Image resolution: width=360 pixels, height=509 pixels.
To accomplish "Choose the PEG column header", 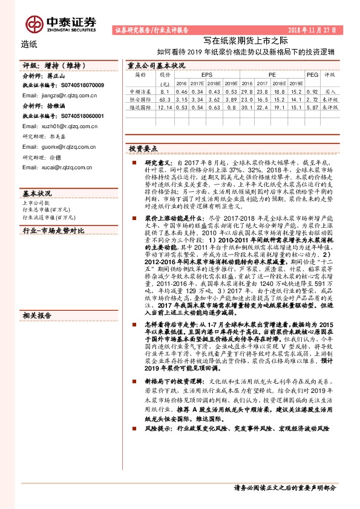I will tap(312, 74).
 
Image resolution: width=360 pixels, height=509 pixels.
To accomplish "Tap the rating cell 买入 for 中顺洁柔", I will tap(331, 91).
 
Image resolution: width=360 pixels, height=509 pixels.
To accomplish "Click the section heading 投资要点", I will tap(143, 148).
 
